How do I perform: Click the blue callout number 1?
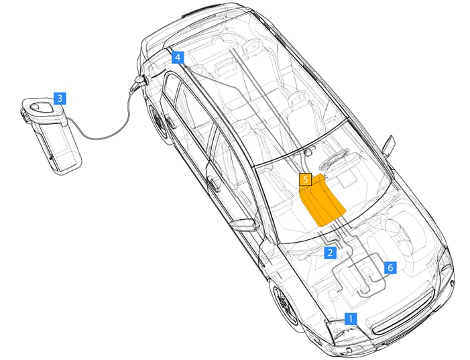pyautogui.click(x=350, y=318)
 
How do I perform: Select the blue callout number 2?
pyautogui.click(x=329, y=252)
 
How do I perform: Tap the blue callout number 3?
pyautogui.click(x=60, y=99)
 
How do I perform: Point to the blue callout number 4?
pyautogui.click(x=177, y=58)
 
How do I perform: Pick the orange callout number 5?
pyautogui.click(x=305, y=180)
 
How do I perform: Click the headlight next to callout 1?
pyautogui.click(x=340, y=331)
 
